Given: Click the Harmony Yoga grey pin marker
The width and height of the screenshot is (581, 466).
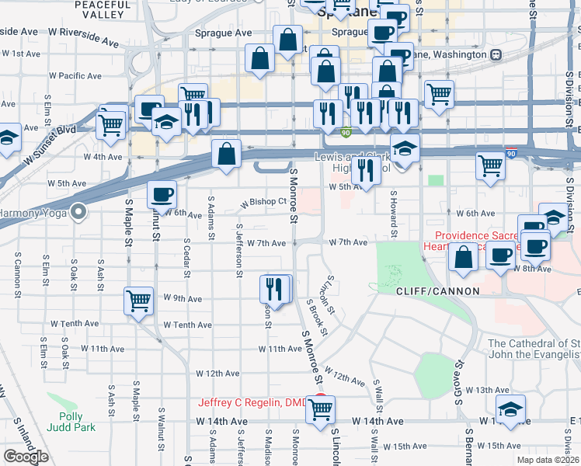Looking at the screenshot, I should click(78, 211).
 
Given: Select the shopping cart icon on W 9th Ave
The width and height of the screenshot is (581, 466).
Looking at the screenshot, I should click(138, 301).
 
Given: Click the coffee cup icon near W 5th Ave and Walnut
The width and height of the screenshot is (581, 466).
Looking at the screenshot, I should click(162, 193).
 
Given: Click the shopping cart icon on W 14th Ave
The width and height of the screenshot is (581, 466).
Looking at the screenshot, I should click(320, 409).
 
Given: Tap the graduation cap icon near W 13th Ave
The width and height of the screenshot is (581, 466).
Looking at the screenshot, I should click(510, 409).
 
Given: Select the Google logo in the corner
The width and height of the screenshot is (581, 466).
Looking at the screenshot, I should click(26, 457).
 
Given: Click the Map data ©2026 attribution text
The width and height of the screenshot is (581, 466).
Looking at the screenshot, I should click(548, 460).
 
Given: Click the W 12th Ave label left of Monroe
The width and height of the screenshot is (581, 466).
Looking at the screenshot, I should click(217, 374).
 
